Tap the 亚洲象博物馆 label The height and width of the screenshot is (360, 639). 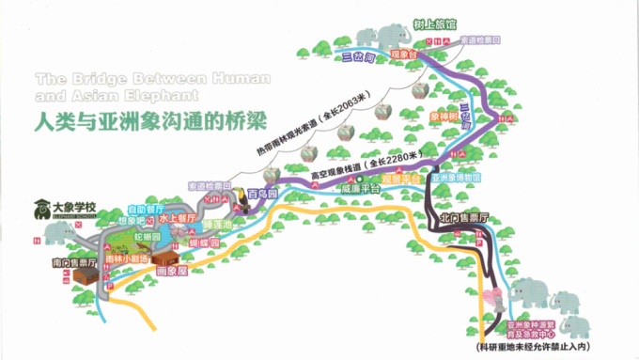[456, 177]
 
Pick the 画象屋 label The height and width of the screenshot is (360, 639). [166, 271]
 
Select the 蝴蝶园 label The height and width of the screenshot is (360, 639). [202, 241]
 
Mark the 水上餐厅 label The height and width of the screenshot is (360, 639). [176, 216]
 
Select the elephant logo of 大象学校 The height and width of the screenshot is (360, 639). [42, 207]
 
